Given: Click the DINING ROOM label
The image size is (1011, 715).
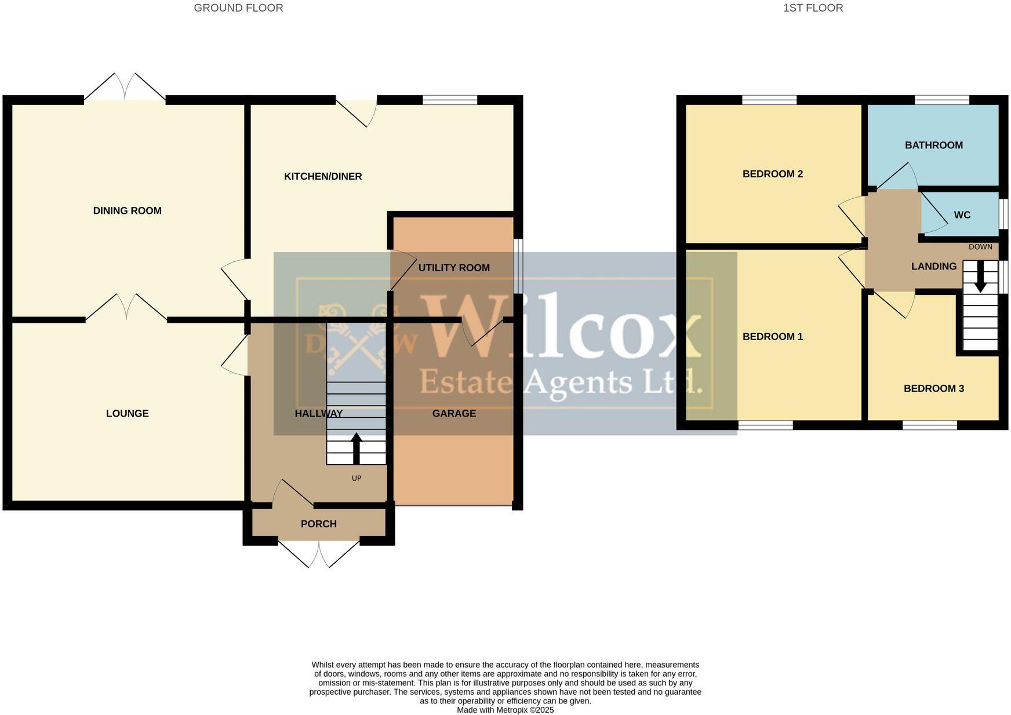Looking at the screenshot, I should point(127,211).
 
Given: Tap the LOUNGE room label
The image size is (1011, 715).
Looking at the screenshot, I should point(127,414).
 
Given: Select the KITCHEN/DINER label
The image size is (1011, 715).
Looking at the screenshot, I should point(323,177).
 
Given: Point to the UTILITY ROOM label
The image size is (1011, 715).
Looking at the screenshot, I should point(454,268).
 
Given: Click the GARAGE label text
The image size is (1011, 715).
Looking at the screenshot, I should point(454,414).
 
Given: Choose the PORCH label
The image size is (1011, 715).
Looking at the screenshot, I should point(318,524).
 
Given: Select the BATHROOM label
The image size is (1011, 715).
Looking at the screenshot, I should point(933,145).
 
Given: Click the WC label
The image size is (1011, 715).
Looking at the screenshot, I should point(962,215).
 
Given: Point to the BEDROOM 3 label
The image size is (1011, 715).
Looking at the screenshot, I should point(933,389).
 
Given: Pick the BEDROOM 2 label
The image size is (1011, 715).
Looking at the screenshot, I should point(772,174).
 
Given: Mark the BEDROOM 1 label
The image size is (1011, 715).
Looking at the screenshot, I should point(772,337).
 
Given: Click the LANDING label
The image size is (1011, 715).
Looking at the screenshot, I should point(933,267).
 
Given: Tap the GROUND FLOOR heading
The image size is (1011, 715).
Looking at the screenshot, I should point(238,8).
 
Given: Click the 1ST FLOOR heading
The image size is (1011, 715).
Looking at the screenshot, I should point(813,8).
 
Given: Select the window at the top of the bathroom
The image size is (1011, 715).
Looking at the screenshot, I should point(941,100).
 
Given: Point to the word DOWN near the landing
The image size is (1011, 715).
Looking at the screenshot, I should point(980,247).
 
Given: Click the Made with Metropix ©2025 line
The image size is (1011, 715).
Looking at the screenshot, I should point(505,710).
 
